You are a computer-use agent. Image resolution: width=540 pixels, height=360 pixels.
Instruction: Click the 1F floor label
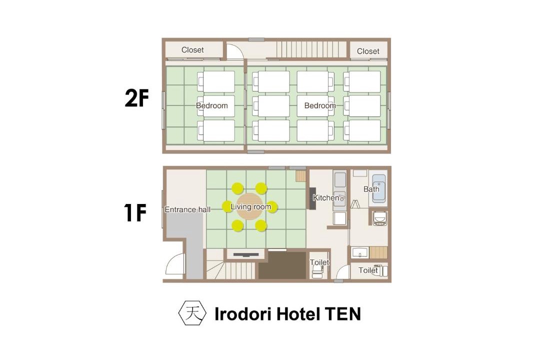(135, 212)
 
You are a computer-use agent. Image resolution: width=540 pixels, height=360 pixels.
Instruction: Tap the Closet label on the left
(192, 50)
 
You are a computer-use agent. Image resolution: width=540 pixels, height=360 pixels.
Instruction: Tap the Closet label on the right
(368, 51)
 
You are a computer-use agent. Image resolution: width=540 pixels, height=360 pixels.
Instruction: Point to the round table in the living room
(249, 206)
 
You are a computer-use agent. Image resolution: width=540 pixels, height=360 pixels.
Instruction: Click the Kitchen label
(326, 197)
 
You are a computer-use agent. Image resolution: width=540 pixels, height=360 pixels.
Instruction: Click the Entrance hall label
(187, 209)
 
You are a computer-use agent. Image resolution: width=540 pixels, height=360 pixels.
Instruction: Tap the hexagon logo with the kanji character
(192, 313)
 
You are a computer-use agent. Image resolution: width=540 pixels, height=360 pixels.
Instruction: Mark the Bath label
(371, 189)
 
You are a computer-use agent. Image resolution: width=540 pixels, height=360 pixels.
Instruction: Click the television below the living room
(245, 255)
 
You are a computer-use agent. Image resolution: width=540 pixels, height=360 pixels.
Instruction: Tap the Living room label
(250, 206)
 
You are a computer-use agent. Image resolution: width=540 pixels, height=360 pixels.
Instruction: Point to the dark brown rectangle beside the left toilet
(282, 265)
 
